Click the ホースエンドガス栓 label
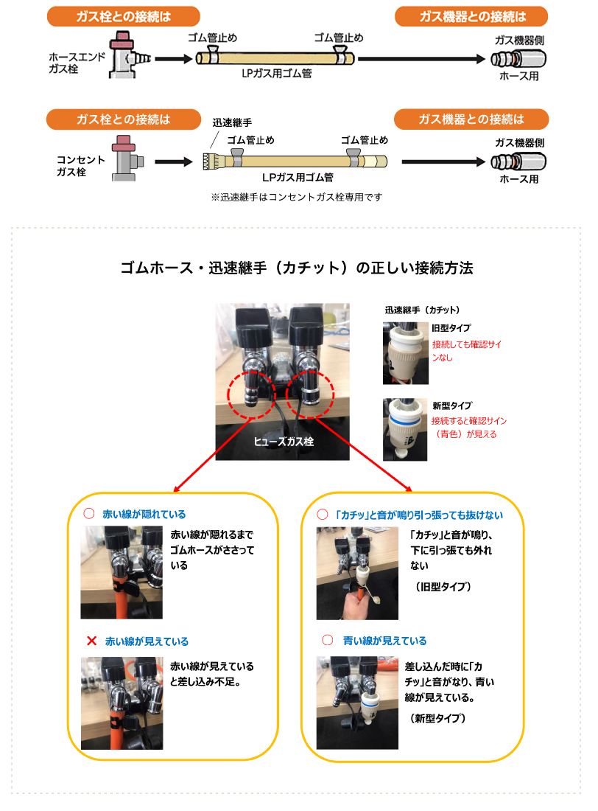pos(77,63)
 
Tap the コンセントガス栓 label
pos(80,165)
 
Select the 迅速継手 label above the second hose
pos(232,122)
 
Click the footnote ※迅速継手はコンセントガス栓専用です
pos(297,197)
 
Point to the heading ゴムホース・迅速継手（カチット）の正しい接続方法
pos(297,268)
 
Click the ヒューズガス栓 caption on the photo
pos(284,441)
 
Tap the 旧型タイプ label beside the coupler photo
pos(451,328)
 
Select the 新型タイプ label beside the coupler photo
pos(452,405)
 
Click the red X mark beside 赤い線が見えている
pos(91,641)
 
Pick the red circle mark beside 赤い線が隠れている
pos(89,514)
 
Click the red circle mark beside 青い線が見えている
pos(328,640)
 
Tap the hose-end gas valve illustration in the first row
pos(129,55)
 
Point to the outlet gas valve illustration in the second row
pos(127,159)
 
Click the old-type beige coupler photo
pos(406,353)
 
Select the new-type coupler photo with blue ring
pos(405,429)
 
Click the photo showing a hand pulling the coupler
pos(357,573)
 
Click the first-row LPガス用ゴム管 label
pos(276,74)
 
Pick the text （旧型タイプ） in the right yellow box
pos(443,587)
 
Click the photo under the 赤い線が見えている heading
pos(122,703)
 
